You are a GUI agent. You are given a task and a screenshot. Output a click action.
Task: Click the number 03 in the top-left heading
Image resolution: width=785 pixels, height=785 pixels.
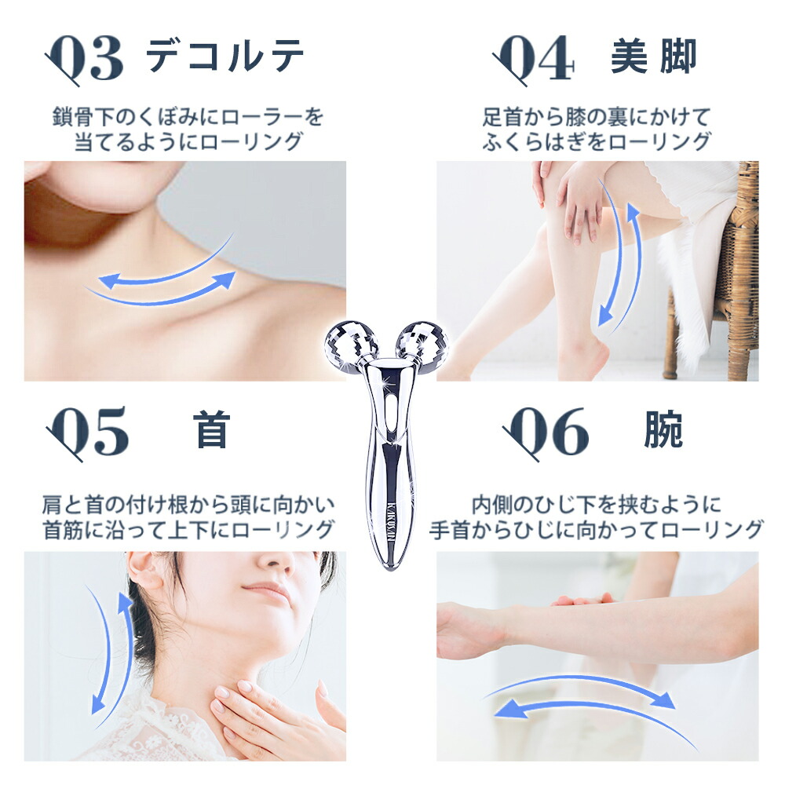click(x=85, y=59)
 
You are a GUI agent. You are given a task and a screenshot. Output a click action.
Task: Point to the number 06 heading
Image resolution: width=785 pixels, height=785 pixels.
click(x=545, y=433)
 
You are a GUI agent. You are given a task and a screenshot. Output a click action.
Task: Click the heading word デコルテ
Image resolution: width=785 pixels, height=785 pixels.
click(x=225, y=57)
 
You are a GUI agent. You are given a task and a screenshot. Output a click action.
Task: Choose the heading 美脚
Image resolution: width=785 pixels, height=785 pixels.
click(x=653, y=57)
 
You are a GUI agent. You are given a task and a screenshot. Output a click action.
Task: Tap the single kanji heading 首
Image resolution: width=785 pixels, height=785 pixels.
click(x=212, y=430)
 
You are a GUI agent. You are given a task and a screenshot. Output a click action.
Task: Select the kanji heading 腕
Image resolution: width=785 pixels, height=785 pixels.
click(x=663, y=430)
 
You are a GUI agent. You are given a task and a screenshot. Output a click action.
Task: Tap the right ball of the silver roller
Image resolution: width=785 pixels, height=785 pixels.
click(x=422, y=344)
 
